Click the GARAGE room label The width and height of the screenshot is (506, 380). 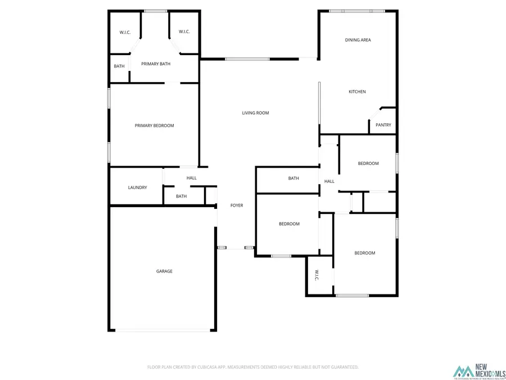pyautogui.click(x=164, y=271)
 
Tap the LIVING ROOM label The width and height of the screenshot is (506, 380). pyautogui.click(x=255, y=113)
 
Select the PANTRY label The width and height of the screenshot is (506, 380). pyautogui.click(x=383, y=125)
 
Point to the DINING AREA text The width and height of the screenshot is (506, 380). pyautogui.click(x=358, y=40)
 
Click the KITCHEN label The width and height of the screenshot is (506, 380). pyautogui.click(x=357, y=92)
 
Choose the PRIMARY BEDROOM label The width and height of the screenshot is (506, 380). pyautogui.click(x=154, y=126)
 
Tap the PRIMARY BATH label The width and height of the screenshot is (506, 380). pyautogui.click(x=156, y=64)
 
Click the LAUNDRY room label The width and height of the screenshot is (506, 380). pyautogui.click(x=137, y=187)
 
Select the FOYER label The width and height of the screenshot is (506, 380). pyautogui.click(x=237, y=205)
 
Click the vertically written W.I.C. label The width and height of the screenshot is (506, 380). pyautogui.click(x=317, y=275)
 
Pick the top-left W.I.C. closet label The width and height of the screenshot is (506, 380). pyautogui.click(x=125, y=32)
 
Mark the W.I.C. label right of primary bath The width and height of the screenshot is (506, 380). pyautogui.click(x=184, y=32)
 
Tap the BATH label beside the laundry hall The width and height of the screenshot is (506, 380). pyautogui.click(x=181, y=196)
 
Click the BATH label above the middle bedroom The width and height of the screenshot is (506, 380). pyautogui.click(x=293, y=178)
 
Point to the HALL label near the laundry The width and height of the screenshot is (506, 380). pyautogui.click(x=192, y=178)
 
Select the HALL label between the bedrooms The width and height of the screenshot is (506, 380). pyautogui.click(x=329, y=181)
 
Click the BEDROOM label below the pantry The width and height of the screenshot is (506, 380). pyautogui.click(x=368, y=163)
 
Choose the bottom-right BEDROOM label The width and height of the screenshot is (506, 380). pyautogui.click(x=364, y=253)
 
